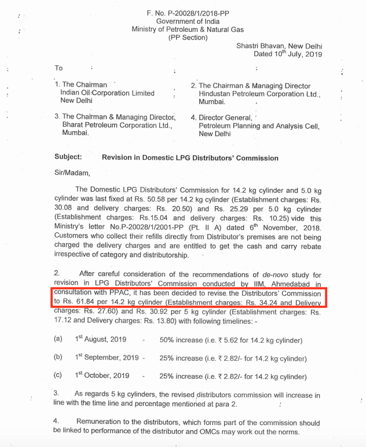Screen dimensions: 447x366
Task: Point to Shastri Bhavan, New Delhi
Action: click(x=280, y=45)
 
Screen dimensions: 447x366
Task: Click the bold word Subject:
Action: click(x=68, y=157)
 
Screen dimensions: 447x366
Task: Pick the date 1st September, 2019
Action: click(x=107, y=357)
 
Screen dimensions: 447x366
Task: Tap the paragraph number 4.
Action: click(x=56, y=422)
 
